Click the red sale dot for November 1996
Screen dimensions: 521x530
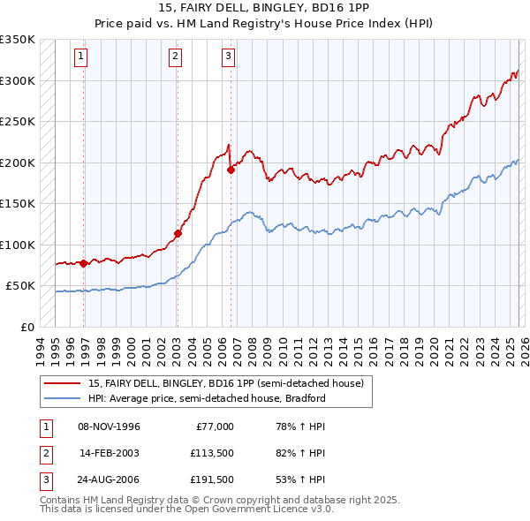point(84,263)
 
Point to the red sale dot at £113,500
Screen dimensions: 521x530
point(178,234)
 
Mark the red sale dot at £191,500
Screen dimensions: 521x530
point(231,170)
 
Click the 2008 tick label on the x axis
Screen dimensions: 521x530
point(255,345)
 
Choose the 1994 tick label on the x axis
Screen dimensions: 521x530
point(41,345)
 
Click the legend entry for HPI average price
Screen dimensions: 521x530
point(207,398)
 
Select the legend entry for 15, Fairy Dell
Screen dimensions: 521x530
point(225,383)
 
